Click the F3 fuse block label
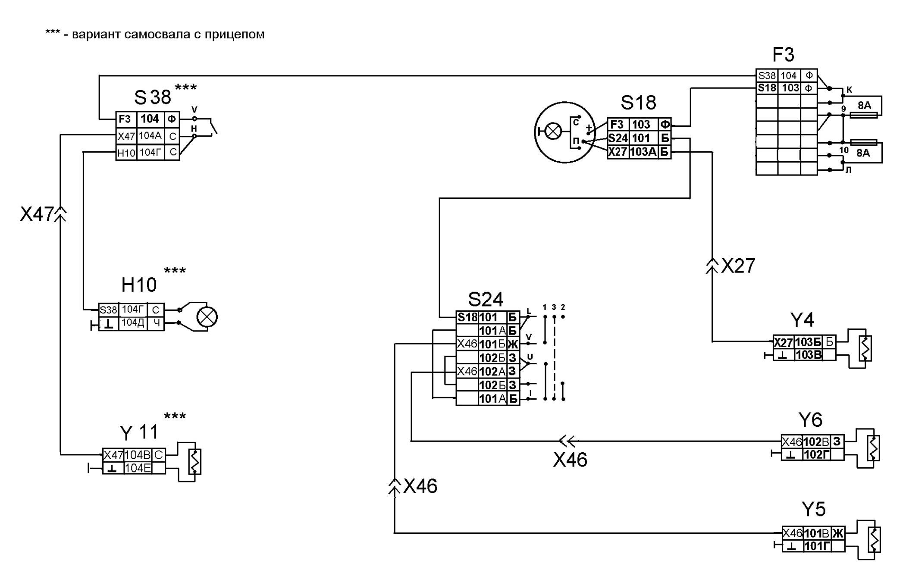click(783, 55)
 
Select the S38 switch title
click(153, 97)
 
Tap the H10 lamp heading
click(139, 285)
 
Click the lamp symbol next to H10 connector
click(207, 317)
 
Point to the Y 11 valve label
click(139, 432)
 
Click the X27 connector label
click(738, 266)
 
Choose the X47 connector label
click(37, 214)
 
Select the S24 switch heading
click(486, 299)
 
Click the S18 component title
click(638, 103)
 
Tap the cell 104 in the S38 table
click(150, 119)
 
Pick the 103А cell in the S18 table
click(643, 152)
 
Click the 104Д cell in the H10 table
click(133, 323)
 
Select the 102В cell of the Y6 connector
click(816, 442)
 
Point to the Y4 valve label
click(802, 320)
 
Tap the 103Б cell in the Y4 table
click(808, 342)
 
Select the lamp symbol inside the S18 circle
click(553, 131)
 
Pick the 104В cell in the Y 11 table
click(138, 455)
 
